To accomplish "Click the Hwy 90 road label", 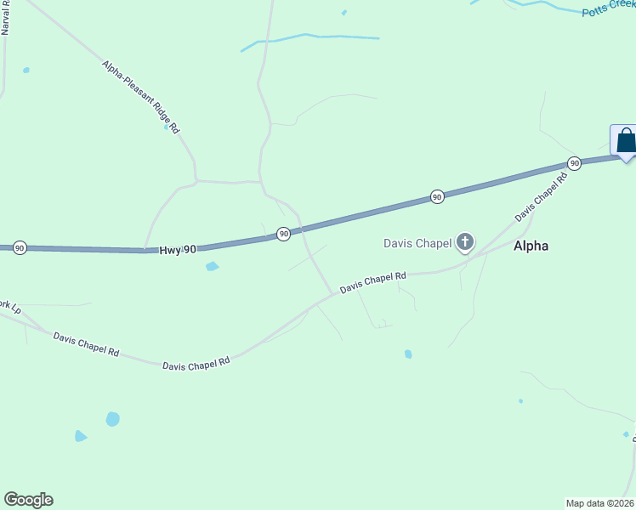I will [x=178, y=249].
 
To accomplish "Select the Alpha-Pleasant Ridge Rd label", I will [x=141, y=96].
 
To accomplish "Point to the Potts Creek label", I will [x=609, y=9].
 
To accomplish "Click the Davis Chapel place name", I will [x=417, y=244].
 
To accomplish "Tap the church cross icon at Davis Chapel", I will [x=464, y=242].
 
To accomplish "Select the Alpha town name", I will [x=531, y=246].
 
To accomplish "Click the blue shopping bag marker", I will [x=625, y=141].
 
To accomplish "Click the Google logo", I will [x=28, y=500].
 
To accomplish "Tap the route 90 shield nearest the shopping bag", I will [x=574, y=162].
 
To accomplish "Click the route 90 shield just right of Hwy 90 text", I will [x=283, y=233].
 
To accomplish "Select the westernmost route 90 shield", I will [x=20, y=247].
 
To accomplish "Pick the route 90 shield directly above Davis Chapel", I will [x=436, y=196].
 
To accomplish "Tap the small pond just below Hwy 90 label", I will [x=212, y=267].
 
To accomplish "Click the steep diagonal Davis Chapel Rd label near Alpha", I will [x=541, y=201].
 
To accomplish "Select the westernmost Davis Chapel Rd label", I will [x=86, y=344].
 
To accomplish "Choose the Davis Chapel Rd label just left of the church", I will [x=373, y=282].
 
